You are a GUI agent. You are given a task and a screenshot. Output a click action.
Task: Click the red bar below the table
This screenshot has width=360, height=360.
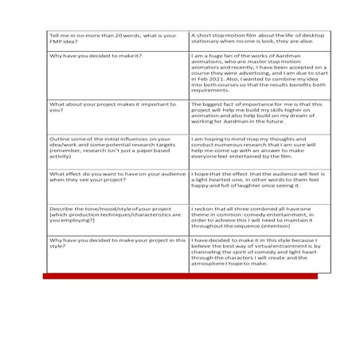pyautogui.click(x=180, y=276)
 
